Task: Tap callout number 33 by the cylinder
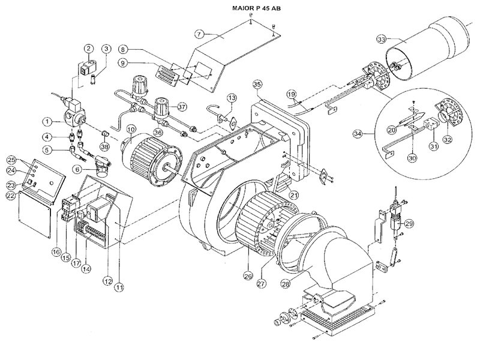click(x=380, y=40)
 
